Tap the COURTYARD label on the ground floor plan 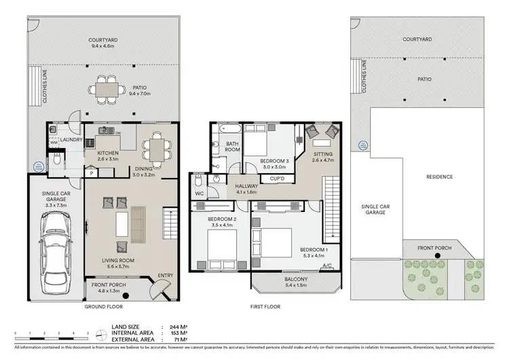[x=105, y=39]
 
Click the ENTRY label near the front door [x=165, y=275]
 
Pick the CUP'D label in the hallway [x=277, y=179]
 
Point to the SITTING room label [x=323, y=154]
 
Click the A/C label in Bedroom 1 [x=326, y=266]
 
